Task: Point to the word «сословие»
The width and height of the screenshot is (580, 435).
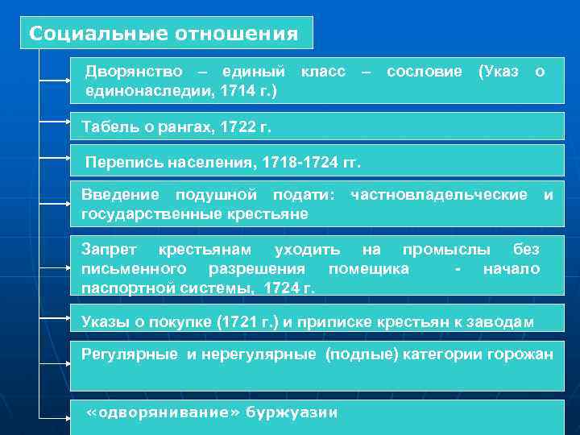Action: coord(424,72)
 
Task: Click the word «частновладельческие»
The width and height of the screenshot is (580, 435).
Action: coord(439,194)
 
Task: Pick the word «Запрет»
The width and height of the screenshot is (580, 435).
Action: coord(110,249)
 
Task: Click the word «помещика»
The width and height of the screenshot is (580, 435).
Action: coord(368,268)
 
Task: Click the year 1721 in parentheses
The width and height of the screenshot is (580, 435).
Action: coord(238,322)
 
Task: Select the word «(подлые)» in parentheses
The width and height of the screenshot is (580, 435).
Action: coord(359,355)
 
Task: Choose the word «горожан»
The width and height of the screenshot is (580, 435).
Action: coord(521,355)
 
